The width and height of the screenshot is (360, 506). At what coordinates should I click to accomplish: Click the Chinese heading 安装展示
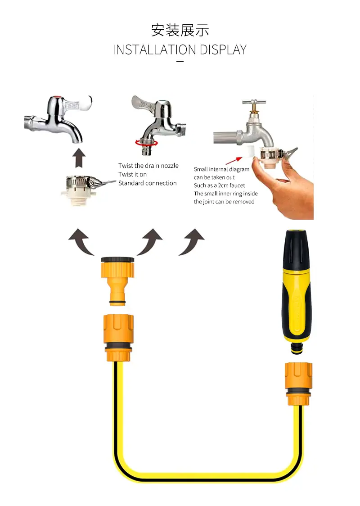click(x=180, y=30)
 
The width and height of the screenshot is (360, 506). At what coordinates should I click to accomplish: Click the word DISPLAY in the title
click(x=223, y=50)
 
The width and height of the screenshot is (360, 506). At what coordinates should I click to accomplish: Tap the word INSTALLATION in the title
click(x=154, y=50)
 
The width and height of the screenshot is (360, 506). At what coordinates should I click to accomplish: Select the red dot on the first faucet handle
click(x=58, y=97)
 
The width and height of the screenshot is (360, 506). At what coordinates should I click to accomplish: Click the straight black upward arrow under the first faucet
click(x=79, y=158)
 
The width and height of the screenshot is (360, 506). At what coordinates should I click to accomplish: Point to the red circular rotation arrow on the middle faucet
click(x=146, y=143)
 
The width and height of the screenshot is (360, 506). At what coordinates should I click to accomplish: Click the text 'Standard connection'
click(x=148, y=183)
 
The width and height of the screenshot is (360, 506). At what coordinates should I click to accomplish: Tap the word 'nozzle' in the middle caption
click(x=170, y=166)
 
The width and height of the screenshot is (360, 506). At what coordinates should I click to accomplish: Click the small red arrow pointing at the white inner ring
click(x=234, y=161)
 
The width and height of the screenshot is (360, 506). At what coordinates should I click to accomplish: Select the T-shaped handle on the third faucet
click(x=254, y=103)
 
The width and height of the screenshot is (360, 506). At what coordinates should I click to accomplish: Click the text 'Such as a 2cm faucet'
click(x=219, y=185)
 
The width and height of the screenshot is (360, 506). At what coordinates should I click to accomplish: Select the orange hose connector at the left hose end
click(x=118, y=338)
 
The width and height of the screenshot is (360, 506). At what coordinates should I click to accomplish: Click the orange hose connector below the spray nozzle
click(x=298, y=384)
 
